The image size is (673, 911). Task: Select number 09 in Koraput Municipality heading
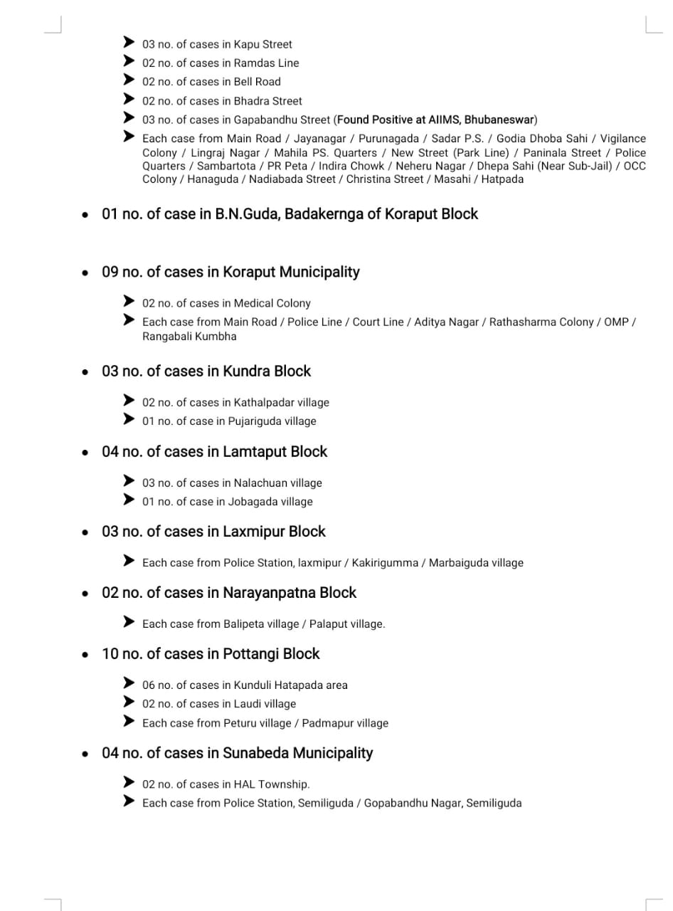coord(110,272)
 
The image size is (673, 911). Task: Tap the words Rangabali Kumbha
coord(189,336)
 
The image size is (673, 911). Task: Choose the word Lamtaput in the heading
coord(253,452)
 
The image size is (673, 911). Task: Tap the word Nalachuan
coord(260,483)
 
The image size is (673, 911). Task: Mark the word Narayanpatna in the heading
coord(269,593)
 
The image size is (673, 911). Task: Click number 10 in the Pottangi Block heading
coord(110,654)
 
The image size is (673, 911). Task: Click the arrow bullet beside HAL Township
coord(129,783)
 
